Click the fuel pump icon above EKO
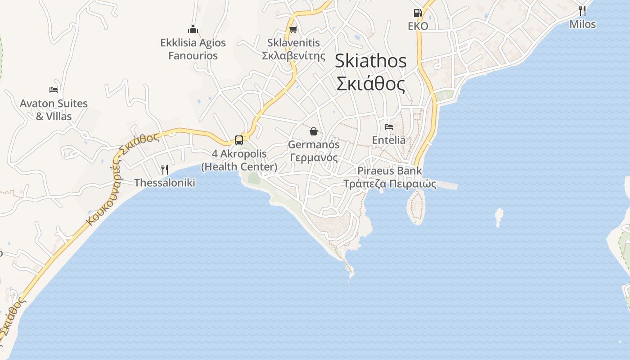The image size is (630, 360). coord(418,13)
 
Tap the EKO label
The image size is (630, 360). coord(418,26)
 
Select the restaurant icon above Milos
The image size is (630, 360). coord(582,10)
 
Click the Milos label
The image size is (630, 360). coord(582,24)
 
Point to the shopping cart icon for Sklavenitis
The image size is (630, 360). coord(293,30)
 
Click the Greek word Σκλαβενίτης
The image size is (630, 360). coord(293,56)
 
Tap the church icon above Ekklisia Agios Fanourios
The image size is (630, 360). coord(193,30)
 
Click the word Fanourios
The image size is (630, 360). coord(193,56)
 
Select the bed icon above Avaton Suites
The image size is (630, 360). coord(54,90)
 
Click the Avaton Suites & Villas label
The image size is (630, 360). coord(54,110)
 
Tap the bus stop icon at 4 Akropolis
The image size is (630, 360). coord(239,140)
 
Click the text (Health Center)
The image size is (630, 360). coord(239,167)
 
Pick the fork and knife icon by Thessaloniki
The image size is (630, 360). coord(165,170)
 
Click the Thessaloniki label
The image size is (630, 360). coord(165,183)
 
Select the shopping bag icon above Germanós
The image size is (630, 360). coord(314,131)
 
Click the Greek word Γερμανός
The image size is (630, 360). coord(314,158)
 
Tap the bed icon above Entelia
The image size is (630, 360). coord(389,127)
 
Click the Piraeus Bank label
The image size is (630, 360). coord(390,171)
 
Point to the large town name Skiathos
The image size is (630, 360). coord(371,61)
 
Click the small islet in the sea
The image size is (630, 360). coord(499,217)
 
